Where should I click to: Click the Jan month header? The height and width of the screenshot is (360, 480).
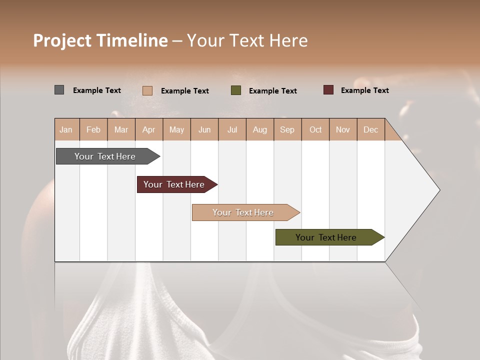pos(66,129)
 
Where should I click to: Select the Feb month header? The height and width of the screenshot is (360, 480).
pos(93,129)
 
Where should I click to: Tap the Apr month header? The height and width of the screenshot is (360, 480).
pos(149,129)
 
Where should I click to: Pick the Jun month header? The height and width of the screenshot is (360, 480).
pos(204,129)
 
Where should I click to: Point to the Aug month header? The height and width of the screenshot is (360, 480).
pos(260,129)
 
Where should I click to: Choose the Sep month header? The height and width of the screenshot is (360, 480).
pos(287,129)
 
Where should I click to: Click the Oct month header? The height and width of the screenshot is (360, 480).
pos(315,129)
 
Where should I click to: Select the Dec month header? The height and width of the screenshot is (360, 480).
pos(371,129)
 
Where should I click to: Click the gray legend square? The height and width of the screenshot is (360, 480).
pos(59,90)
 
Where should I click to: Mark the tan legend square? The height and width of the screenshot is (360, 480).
pos(147,90)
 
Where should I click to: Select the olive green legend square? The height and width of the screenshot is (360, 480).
pos(236,90)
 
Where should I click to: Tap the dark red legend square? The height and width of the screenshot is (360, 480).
pos(328,90)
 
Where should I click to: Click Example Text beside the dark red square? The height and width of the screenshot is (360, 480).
pos(364,90)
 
